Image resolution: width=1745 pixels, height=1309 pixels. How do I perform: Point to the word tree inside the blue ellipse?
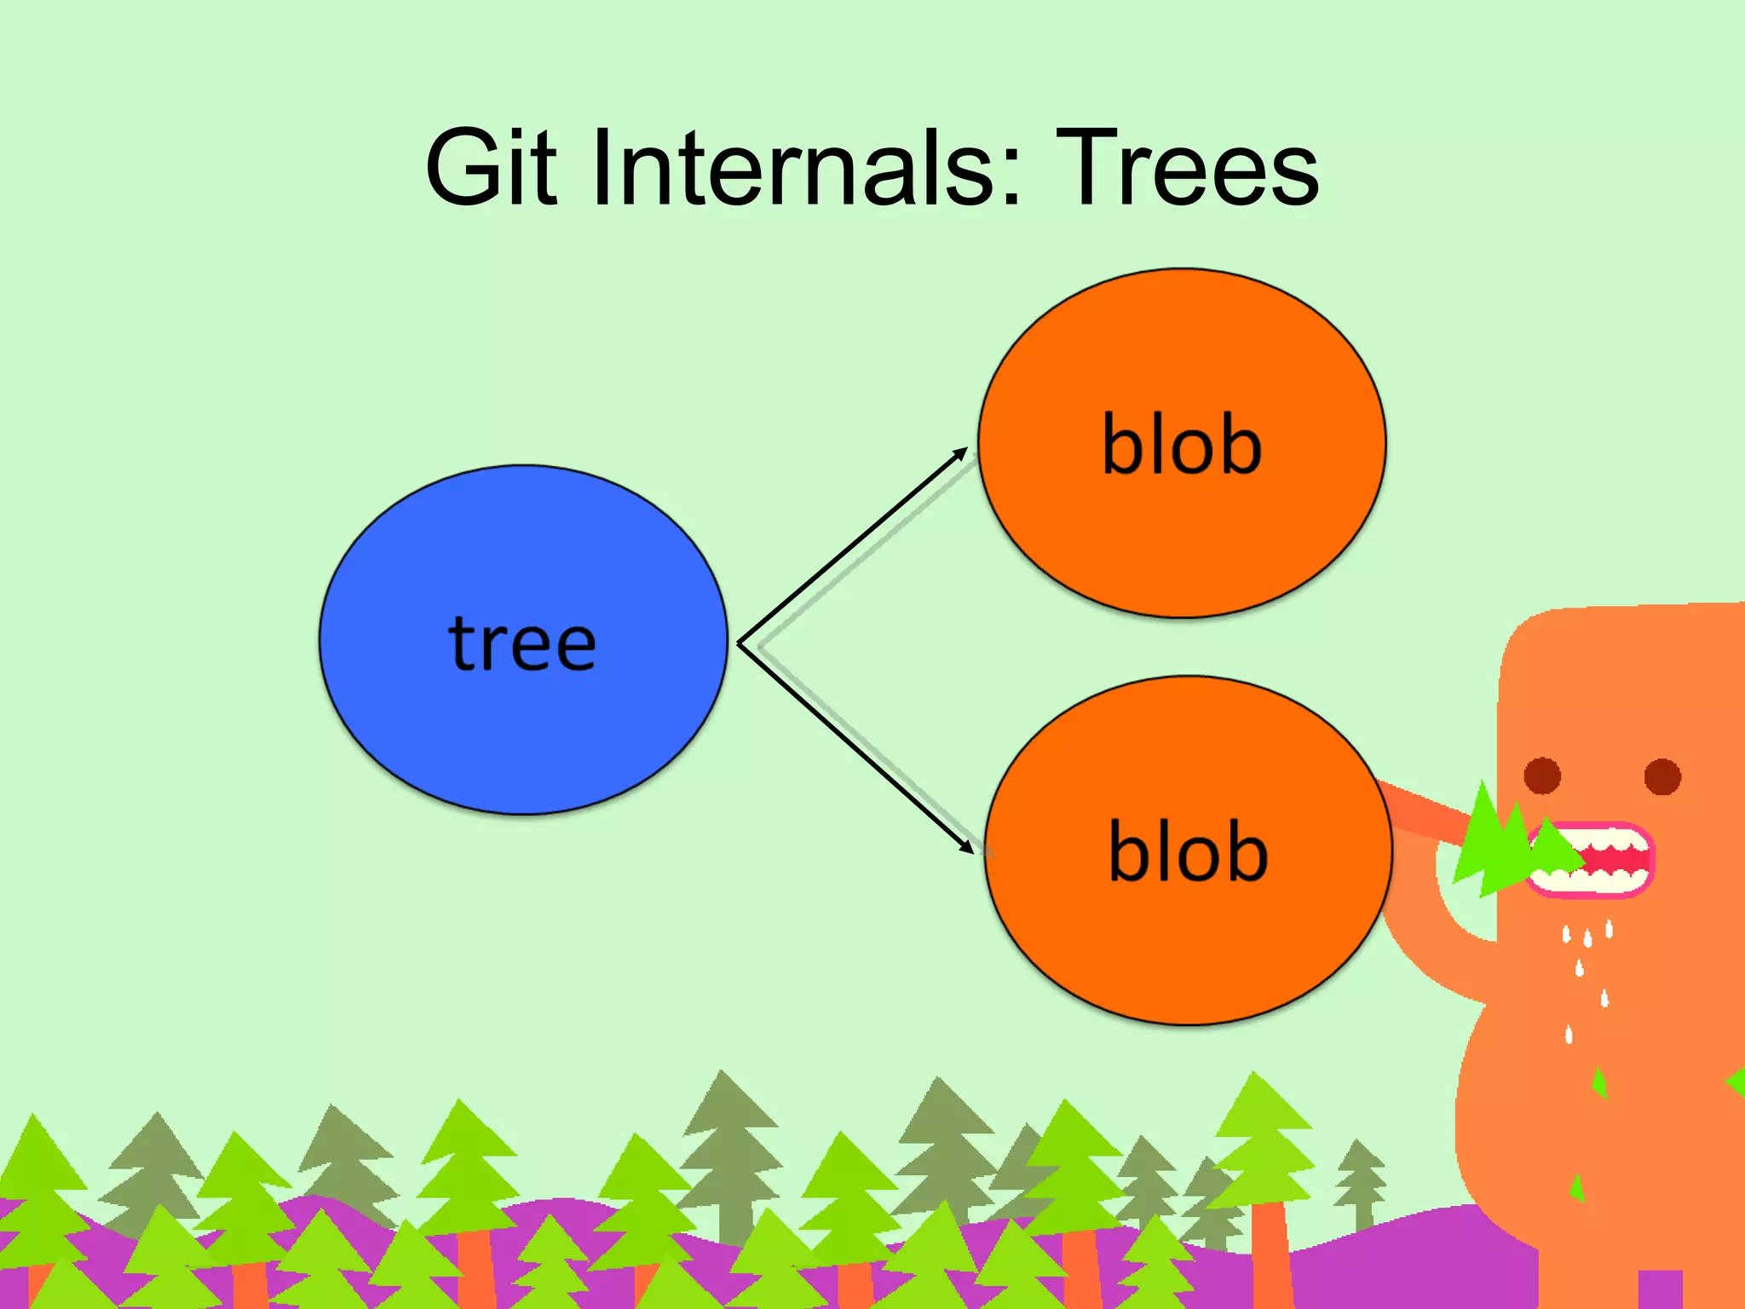[x=522, y=643]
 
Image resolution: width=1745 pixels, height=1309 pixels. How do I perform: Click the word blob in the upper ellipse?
[x=1182, y=445]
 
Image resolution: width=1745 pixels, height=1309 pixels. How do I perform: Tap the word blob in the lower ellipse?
[x=1188, y=851]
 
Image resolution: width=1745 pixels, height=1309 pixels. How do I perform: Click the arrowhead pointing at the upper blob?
[x=960, y=454]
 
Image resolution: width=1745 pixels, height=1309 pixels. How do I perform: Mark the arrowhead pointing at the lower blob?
[x=965, y=845]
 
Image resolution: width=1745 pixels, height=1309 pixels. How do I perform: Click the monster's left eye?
[x=1542, y=776]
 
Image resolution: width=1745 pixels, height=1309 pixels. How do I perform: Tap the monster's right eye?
[x=1662, y=776]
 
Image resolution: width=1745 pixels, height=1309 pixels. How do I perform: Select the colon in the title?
[x=1011, y=170]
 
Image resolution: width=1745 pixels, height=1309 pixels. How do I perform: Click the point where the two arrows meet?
[x=739, y=644]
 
